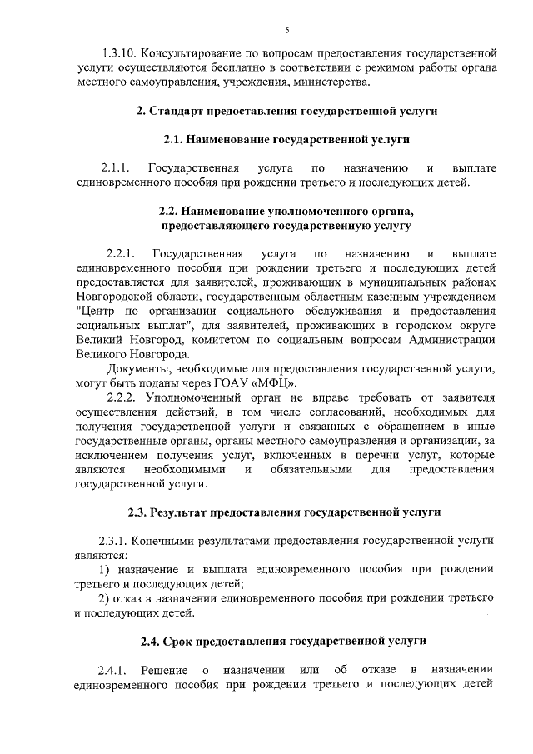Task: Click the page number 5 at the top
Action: (286, 31)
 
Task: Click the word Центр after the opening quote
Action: (97, 312)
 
